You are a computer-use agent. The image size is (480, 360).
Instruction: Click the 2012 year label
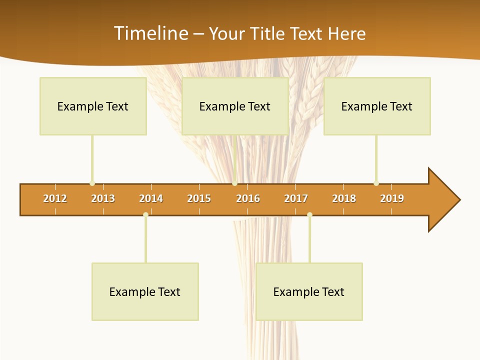(x=55, y=198)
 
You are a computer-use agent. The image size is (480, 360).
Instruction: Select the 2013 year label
(x=103, y=198)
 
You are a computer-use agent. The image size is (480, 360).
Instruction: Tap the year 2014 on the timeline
(x=151, y=198)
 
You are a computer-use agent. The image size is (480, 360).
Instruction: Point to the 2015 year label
(x=199, y=198)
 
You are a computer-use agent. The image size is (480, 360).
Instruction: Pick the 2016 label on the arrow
(x=248, y=198)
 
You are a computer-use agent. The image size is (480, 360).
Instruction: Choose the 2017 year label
(x=296, y=198)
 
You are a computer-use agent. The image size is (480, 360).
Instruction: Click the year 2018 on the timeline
(x=344, y=198)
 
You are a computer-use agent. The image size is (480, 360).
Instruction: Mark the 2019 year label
(x=392, y=198)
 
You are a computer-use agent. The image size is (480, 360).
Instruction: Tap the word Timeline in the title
(x=150, y=33)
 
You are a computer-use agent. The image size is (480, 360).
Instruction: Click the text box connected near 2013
(x=93, y=106)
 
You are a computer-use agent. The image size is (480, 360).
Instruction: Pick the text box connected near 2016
(x=235, y=106)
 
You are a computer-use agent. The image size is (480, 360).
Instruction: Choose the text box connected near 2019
(x=377, y=106)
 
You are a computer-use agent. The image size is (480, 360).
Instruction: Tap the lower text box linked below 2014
(x=145, y=291)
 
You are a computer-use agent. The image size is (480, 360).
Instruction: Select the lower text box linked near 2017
(x=309, y=291)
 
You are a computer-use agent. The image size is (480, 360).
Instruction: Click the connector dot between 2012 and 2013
(x=92, y=183)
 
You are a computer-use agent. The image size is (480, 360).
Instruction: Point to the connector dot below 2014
(x=145, y=215)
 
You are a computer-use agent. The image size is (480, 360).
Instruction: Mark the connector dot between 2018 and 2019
(x=376, y=183)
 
